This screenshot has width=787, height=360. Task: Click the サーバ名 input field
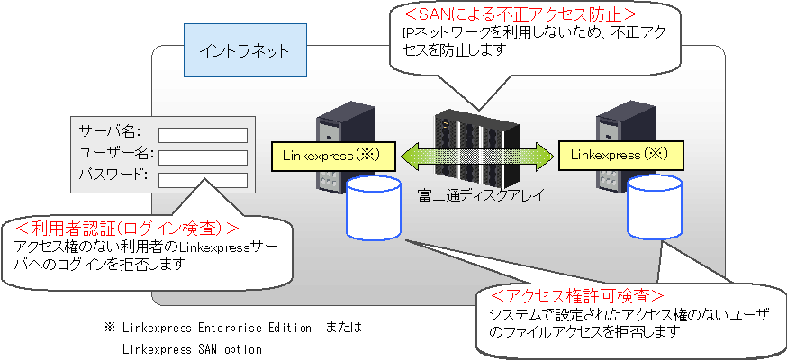tap(203, 135)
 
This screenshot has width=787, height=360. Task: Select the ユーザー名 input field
tap(203, 157)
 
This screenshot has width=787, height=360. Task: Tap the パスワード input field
tap(203, 179)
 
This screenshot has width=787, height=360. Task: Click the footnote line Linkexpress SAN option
tap(191, 349)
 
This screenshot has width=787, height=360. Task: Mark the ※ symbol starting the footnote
tap(110, 328)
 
